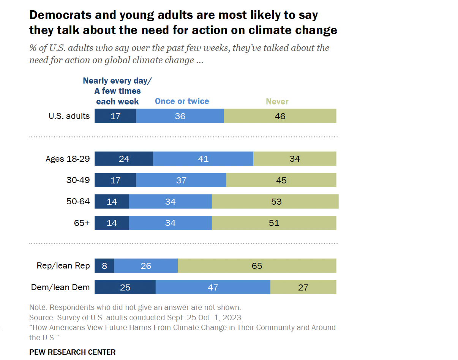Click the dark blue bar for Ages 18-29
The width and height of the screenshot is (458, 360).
[x=123, y=159]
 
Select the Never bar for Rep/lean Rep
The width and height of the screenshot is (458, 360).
[x=257, y=266]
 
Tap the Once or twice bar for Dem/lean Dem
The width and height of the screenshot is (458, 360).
[x=213, y=287]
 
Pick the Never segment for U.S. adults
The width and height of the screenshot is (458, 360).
[x=280, y=116]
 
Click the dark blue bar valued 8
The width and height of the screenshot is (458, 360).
[x=104, y=266]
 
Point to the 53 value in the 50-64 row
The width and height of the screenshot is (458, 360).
[x=276, y=201]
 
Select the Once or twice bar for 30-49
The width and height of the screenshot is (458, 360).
[x=181, y=180]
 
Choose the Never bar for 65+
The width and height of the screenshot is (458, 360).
[x=274, y=223]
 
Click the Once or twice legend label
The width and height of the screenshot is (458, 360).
[x=182, y=101]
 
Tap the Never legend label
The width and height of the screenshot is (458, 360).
[x=277, y=102]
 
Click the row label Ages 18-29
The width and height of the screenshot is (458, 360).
[x=68, y=159]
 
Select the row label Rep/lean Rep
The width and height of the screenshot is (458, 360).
[x=63, y=266]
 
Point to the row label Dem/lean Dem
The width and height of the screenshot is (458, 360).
[x=60, y=287]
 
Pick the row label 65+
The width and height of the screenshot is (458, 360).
[x=82, y=223]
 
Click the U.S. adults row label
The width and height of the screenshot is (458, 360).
[x=69, y=116]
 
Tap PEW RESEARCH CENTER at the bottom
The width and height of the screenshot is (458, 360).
[x=72, y=352]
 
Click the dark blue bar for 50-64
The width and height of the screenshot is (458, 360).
[x=111, y=201]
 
